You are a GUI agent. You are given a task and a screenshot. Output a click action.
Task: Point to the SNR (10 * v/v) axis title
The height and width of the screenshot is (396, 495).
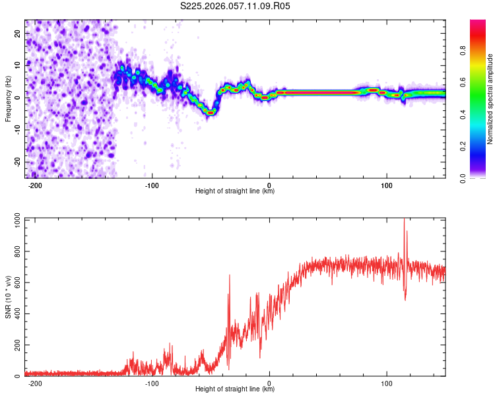pyautogui.click(x=8, y=297)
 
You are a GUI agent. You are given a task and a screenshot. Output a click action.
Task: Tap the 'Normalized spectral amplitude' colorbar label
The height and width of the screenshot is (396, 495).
pyautogui.click(x=490, y=99)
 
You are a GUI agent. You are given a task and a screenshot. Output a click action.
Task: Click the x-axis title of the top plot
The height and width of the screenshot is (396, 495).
pyautogui.click(x=235, y=191)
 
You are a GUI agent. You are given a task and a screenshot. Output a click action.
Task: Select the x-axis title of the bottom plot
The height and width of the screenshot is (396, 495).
pyautogui.click(x=235, y=389)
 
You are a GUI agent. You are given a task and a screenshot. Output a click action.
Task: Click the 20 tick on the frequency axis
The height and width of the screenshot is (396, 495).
pyautogui.click(x=17, y=34)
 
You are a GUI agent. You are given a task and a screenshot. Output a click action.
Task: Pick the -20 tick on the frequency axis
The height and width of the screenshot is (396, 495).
pyautogui.click(x=16, y=162)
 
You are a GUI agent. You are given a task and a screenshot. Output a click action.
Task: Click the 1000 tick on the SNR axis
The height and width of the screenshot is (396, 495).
pyautogui.click(x=13, y=220)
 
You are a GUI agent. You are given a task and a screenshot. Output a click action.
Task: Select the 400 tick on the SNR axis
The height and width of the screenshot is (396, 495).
pyautogui.click(x=15, y=314)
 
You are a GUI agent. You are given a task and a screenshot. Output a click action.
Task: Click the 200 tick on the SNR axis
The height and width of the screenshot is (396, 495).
pyautogui.click(x=15, y=345)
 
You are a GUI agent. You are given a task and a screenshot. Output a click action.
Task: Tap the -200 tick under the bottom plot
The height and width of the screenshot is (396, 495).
pyautogui.click(x=36, y=383)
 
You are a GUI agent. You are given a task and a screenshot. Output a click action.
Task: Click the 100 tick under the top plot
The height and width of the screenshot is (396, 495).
pyautogui.click(x=386, y=185)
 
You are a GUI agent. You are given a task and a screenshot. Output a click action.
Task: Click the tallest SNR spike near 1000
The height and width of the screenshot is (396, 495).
pyautogui.click(x=404, y=220)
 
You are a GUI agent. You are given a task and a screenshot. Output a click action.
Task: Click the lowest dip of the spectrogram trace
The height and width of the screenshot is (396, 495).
pyautogui.click(x=211, y=113)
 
